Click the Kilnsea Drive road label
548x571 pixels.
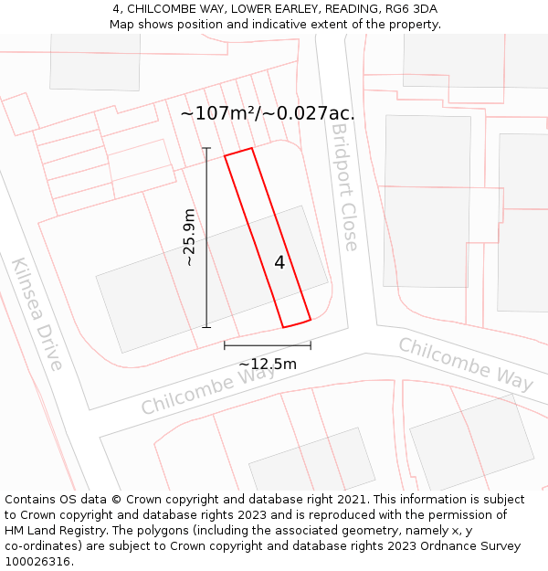pos(37,313)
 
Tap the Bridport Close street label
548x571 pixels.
pos(344,187)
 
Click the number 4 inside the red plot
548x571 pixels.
pos(279,262)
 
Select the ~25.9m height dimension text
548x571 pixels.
pos(189,237)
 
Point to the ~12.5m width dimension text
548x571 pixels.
pos(268,364)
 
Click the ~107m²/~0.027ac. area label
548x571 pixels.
pos(268,113)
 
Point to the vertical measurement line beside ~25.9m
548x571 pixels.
pos(206,238)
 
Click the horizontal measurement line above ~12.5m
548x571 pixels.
pos(268,345)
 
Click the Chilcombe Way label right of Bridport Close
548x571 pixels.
pos(466,364)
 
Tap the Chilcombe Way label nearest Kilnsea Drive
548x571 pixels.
pos(196,391)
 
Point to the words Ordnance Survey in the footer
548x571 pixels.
pos(475,546)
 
